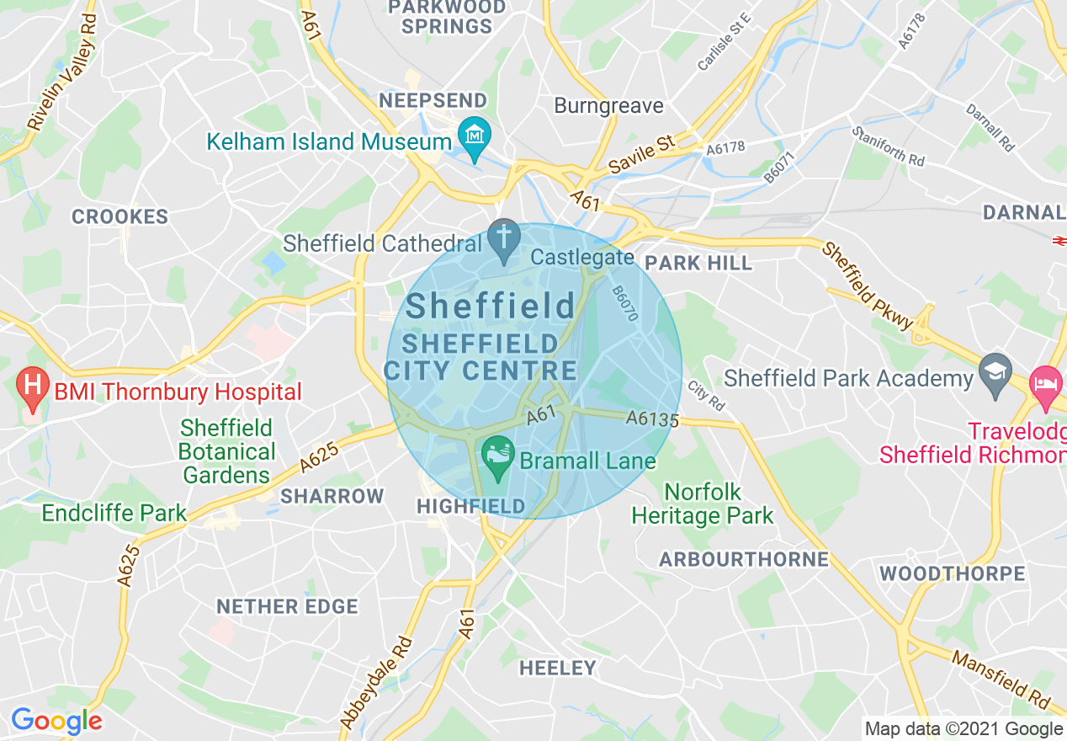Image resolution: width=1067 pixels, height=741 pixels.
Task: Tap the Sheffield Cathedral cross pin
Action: pyautogui.click(x=504, y=239)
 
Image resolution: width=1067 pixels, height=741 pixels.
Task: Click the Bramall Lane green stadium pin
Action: pyautogui.click(x=496, y=456)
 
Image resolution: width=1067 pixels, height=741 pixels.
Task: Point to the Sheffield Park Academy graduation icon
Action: pyautogui.click(x=995, y=374)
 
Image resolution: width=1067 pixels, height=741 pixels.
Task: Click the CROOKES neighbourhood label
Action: pyautogui.click(x=120, y=217)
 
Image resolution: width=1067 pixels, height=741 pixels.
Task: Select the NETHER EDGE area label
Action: pyautogui.click(x=287, y=606)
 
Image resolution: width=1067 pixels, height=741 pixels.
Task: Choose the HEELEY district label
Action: pyautogui.click(x=557, y=669)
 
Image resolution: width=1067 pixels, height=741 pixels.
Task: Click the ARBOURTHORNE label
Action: pyautogui.click(x=744, y=559)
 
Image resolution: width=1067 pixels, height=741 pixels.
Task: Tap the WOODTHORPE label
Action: pyautogui.click(x=952, y=574)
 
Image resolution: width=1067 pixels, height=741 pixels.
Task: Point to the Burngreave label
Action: pyautogui.click(x=608, y=106)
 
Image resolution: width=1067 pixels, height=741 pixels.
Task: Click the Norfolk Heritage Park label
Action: pyautogui.click(x=702, y=504)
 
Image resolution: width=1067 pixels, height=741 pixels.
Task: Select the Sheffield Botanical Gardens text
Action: pyautogui.click(x=226, y=451)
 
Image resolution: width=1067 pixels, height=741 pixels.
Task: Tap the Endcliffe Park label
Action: pyautogui.click(x=114, y=513)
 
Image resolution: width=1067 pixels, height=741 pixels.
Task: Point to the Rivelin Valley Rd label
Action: pyautogui.click(x=62, y=72)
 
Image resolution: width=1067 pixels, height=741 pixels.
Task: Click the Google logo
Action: pyautogui.click(x=56, y=721)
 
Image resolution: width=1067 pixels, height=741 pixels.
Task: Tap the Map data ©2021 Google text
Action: pyautogui.click(x=963, y=728)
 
